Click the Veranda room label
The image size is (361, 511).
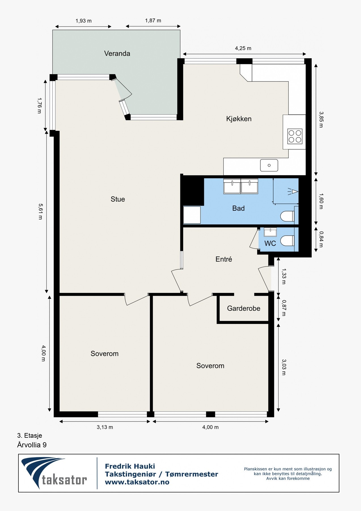click(117, 53)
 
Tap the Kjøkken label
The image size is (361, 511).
click(239, 119)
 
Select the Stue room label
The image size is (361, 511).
click(118, 199)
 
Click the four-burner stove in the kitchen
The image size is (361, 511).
click(295, 136)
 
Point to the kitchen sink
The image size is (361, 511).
click(269, 165)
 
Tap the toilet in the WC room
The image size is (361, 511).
click(288, 241)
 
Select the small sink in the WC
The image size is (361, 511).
click(270, 232)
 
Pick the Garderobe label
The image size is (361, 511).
click(244, 308)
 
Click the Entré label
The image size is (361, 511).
click(224, 259)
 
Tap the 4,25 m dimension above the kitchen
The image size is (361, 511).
click(243, 48)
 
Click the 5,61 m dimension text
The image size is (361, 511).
click(40, 211)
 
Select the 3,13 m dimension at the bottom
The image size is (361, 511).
click(105, 427)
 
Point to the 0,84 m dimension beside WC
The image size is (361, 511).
click(321, 239)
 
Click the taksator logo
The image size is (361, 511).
click(54, 473)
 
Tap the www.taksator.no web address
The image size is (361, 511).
click(137, 482)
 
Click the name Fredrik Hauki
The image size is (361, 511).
click(130, 466)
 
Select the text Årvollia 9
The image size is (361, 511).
click(32, 445)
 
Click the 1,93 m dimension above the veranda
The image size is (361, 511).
click(83, 21)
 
